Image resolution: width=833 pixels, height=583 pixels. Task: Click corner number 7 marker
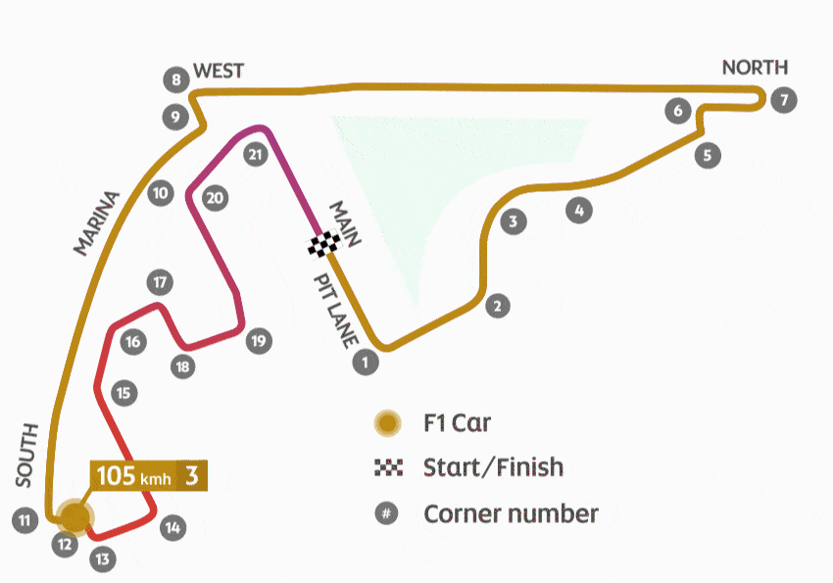(x=782, y=99)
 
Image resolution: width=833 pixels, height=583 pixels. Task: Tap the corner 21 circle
(x=257, y=155)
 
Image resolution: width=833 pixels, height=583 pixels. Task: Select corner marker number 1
(x=364, y=363)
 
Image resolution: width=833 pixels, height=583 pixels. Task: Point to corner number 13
(x=102, y=559)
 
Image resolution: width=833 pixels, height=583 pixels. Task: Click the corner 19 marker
(x=258, y=341)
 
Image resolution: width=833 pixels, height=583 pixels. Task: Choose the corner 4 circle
(x=579, y=209)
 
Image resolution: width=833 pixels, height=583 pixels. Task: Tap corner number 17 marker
(x=160, y=283)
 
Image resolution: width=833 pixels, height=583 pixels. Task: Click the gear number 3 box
(x=193, y=477)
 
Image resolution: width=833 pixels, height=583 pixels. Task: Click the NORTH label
(x=755, y=68)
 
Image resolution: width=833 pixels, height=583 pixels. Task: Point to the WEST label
(x=218, y=72)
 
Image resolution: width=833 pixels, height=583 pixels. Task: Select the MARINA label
(x=96, y=222)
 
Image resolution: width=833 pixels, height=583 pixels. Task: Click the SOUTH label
(x=26, y=454)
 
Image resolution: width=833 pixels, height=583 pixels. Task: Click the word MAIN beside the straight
(x=345, y=224)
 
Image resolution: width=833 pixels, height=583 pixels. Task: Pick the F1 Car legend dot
(x=388, y=423)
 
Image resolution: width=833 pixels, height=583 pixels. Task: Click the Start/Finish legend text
(x=493, y=466)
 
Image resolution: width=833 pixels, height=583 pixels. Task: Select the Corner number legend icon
(x=388, y=513)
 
